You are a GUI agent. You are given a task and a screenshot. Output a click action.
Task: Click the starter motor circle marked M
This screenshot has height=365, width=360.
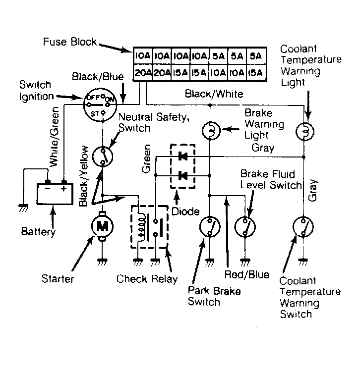(x=102, y=226)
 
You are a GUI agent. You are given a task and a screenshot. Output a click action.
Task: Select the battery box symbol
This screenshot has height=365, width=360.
(x=55, y=194)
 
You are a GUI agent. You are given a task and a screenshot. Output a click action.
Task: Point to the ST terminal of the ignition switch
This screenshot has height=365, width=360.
(x=103, y=113)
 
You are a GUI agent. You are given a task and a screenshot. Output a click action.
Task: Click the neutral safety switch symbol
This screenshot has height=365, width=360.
(x=103, y=156)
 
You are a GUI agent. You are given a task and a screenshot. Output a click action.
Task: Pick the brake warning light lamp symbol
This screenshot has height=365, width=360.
(x=211, y=131)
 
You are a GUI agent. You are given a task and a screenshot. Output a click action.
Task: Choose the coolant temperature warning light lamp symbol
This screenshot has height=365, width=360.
(x=305, y=132)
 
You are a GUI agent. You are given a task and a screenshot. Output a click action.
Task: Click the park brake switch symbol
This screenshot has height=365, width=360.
(x=210, y=227)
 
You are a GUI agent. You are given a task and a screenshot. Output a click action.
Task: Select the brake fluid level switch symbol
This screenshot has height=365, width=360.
(x=245, y=227)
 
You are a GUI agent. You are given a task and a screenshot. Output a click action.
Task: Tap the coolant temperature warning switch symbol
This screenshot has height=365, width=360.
(x=303, y=227)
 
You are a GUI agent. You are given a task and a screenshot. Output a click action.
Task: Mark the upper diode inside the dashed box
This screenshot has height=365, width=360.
(x=182, y=156)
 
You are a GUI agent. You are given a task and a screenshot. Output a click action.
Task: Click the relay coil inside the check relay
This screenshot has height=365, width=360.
(x=141, y=226)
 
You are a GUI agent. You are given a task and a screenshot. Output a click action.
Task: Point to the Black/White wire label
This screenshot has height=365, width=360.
(x=214, y=94)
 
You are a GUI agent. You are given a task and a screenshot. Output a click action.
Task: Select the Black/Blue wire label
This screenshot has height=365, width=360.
(x=98, y=77)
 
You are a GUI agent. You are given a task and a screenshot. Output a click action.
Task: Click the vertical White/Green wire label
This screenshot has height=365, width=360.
(x=54, y=137)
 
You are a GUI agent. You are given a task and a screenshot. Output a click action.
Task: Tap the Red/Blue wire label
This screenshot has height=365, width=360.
(x=246, y=275)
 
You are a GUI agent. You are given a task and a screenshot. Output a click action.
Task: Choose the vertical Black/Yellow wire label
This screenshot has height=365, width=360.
(x=83, y=176)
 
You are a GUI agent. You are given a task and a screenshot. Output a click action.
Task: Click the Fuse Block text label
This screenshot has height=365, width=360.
(x=70, y=42)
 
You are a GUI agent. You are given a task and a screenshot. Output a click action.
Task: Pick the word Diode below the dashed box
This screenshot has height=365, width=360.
(x=185, y=211)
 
